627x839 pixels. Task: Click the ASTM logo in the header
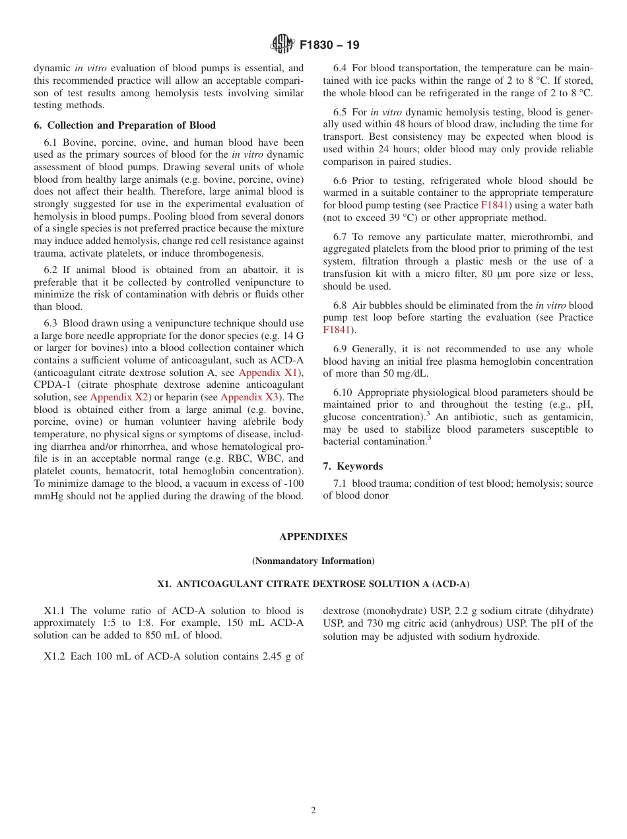click(x=282, y=45)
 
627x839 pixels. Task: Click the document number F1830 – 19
click(x=329, y=46)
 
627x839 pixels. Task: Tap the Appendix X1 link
click(x=268, y=373)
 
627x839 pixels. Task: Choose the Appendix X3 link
click(x=249, y=397)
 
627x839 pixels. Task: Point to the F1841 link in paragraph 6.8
click(x=336, y=330)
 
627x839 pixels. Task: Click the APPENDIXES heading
click(x=313, y=537)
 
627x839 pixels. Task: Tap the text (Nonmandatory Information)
click(x=313, y=561)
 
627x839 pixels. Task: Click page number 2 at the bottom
click(x=313, y=811)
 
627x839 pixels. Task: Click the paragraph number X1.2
click(x=55, y=656)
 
